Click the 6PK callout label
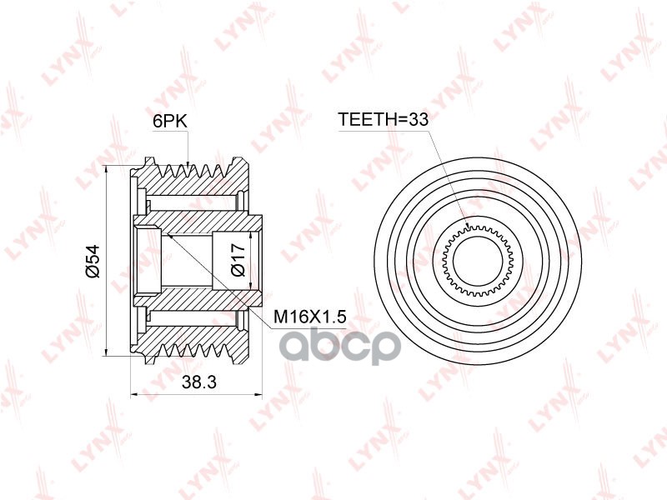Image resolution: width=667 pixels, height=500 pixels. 170,122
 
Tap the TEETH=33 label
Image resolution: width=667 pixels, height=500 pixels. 383,119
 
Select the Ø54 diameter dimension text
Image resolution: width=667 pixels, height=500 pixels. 93,261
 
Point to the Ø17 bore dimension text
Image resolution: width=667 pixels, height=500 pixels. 238,260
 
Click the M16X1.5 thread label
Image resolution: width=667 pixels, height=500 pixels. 309,317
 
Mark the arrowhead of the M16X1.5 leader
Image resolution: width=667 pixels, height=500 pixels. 168,235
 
